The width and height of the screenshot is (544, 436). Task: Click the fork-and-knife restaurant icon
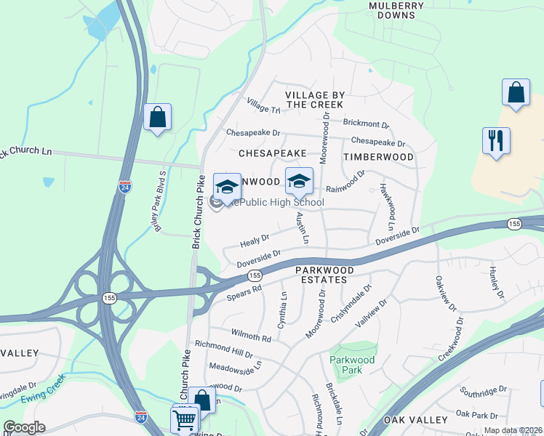pyautogui.click(x=496, y=140)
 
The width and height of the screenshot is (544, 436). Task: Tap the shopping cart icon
pyautogui.click(x=185, y=419)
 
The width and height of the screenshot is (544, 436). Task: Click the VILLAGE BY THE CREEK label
pyautogui.click(x=314, y=100)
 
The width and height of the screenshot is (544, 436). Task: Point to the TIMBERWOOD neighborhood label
pyautogui.click(x=378, y=157)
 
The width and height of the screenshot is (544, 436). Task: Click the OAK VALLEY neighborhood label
pyautogui.click(x=415, y=420)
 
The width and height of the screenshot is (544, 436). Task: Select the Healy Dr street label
pyautogui.click(x=255, y=238)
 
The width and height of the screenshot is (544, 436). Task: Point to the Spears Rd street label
pyautogui.click(x=244, y=291)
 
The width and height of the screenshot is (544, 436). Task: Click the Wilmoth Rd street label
pyautogui.click(x=251, y=337)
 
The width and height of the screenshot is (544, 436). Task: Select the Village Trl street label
pyautogui.click(x=263, y=106)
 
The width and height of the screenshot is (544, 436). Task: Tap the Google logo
pyautogui.click(x=24, y=427)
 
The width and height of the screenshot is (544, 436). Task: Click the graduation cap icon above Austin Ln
pyautogui.click(x=298, y=181)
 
